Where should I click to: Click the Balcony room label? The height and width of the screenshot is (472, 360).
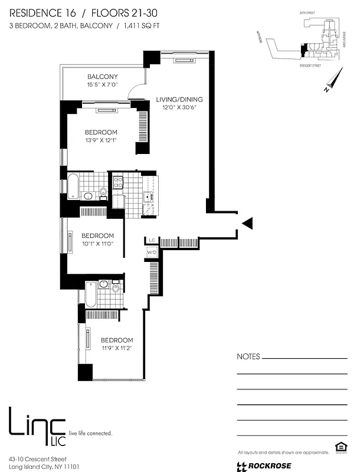(x=103, y=77)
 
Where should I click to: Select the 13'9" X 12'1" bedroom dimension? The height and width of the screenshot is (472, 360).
(x=101, y=142)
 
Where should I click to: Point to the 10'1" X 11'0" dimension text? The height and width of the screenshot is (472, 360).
(x=97, y=244)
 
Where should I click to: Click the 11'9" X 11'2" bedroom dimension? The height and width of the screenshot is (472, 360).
(x=116, y=349)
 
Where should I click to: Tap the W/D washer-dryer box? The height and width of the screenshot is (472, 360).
(x=152, y=253)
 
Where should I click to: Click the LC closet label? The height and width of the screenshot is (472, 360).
(x=151, y=240)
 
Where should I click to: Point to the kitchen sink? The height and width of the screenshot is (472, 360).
(x=149, y=199)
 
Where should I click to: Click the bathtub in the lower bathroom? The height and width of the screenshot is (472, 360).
(x=90, y=294)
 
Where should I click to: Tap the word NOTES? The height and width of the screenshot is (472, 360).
(x=247, y=357)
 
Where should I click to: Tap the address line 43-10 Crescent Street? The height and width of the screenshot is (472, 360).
(x=38, y=458)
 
